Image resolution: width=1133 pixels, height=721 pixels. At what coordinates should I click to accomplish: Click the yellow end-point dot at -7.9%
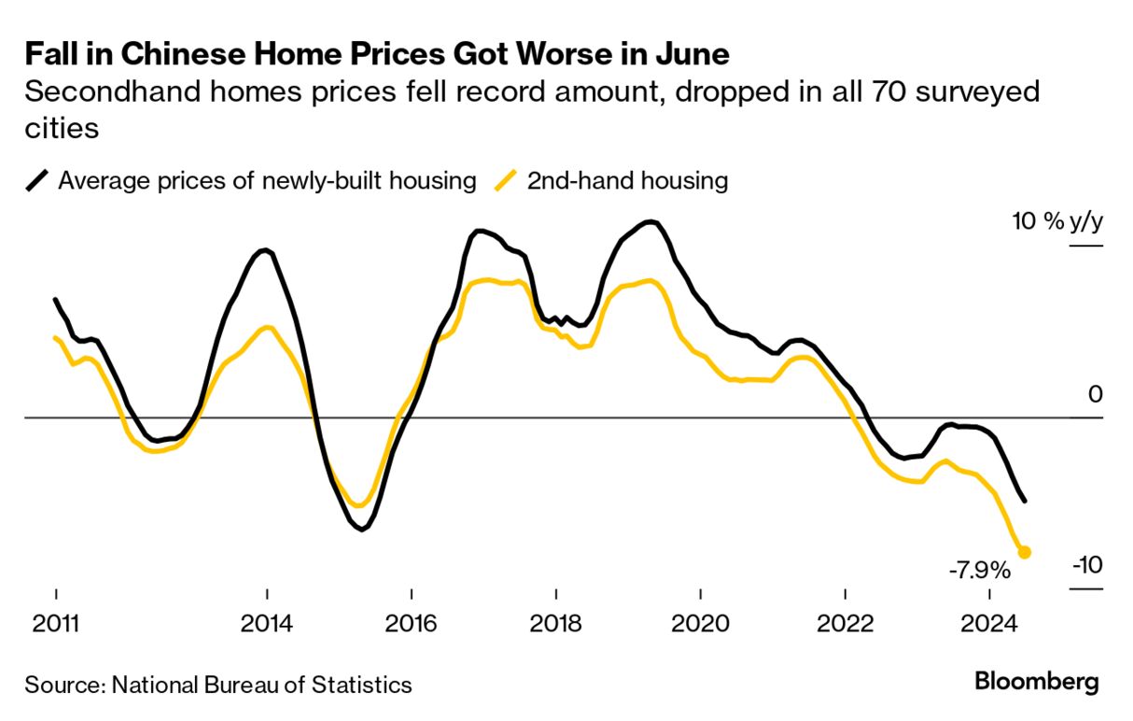click(1024, 552)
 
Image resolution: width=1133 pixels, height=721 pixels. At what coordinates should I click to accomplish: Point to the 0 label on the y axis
click(1095, 394)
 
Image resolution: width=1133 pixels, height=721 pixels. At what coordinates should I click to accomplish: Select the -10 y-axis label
click(1087, 565)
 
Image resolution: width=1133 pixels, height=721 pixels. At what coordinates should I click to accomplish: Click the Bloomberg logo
click(1037, 682)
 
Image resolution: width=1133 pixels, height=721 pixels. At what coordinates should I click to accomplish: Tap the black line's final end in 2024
click(1026, 501)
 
